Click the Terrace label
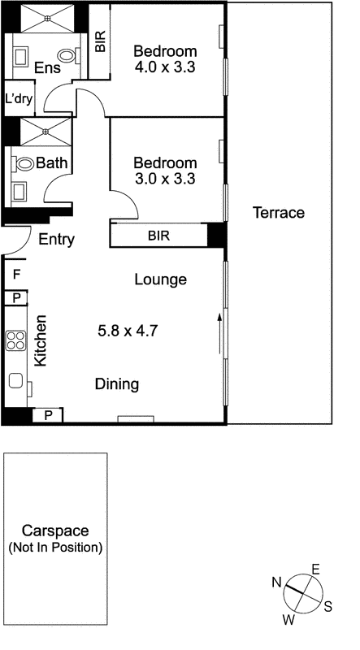(278, 213)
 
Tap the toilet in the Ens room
(77, 55)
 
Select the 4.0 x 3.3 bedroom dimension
(165, 67)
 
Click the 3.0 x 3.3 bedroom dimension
(165, 180)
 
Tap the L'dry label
(19, 99)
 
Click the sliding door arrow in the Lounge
(219, 333)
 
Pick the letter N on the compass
(276, 580)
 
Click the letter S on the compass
(327, 605)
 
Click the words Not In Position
(55, 548)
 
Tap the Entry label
(57, 239)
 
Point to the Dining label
(117, 384)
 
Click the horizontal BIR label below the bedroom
(158, 236)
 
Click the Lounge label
(160, 279)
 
